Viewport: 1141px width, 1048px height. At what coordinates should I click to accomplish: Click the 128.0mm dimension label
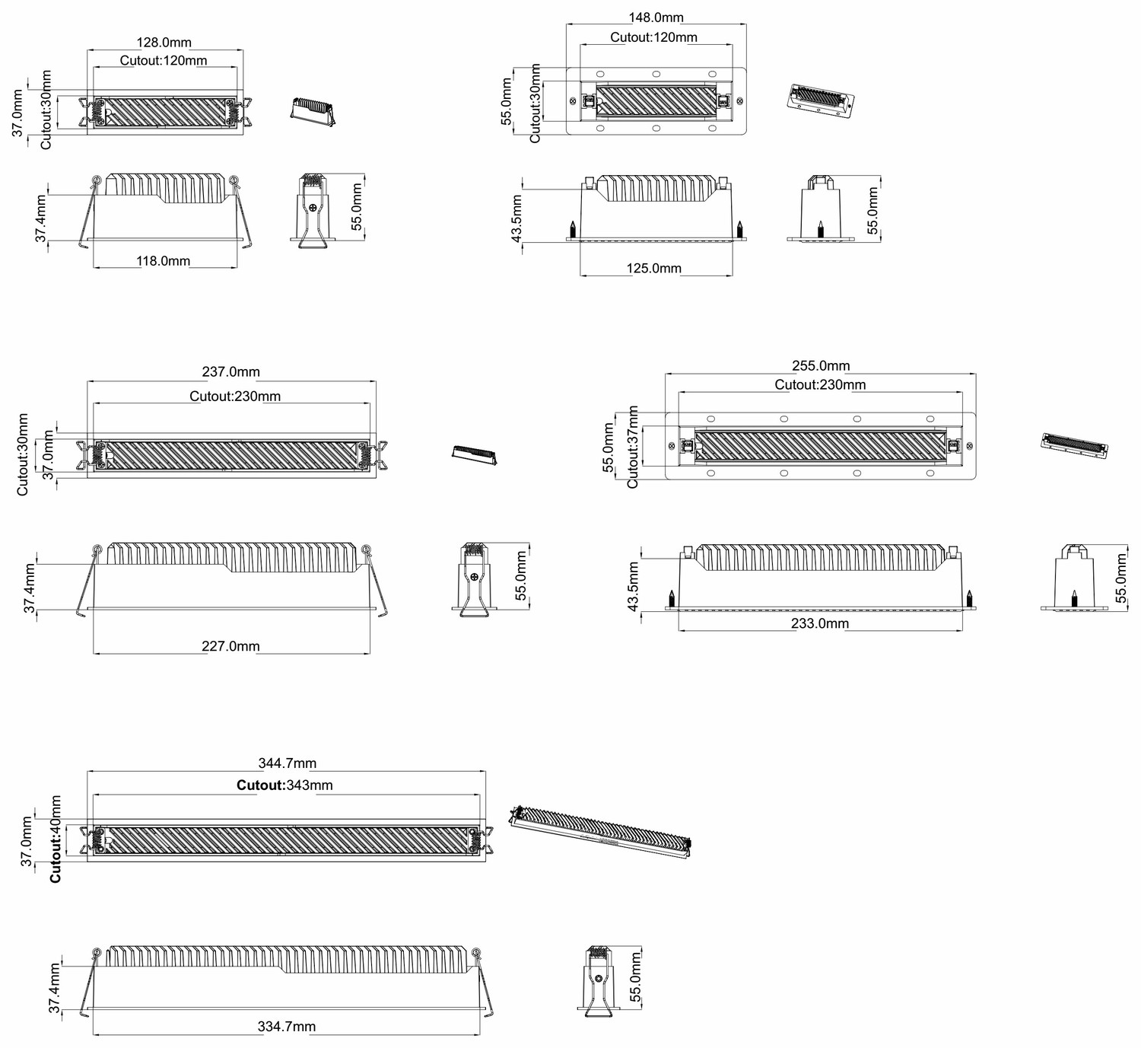click(164, 43)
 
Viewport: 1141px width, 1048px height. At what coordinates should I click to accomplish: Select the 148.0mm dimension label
click(656, 18)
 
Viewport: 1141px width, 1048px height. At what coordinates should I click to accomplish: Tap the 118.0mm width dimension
click(164, 261)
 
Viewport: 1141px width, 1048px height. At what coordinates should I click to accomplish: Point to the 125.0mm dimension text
click(654, 269)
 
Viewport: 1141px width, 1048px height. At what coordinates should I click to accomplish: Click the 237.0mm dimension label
click(231, 372)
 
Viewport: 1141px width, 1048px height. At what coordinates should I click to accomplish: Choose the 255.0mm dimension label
click(821, 366)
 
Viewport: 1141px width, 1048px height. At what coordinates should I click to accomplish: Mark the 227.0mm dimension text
click(230, 647)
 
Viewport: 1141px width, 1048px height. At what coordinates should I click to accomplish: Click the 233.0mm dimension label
click(820, 624)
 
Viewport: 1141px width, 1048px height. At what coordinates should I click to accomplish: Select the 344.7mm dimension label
click(288, 763)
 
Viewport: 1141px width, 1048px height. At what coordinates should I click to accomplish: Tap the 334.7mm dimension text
click(287, 1027)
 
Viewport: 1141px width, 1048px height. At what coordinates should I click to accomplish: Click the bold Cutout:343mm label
click(285, 785)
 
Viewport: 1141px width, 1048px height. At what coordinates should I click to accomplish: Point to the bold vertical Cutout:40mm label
click(56, 839)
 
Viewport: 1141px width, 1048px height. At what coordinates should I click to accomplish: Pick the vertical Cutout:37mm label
click(633, 447)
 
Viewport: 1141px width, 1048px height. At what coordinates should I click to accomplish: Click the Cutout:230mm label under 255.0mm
click(820, 385)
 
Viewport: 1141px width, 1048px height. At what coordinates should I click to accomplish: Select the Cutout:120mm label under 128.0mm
click(164, 61)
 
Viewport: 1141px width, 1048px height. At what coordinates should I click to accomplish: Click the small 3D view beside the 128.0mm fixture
click(313, 111)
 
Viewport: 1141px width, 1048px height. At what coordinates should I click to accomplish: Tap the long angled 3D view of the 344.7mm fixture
click(601, 833)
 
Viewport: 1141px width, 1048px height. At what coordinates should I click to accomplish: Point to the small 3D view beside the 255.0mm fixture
click(1075, 446)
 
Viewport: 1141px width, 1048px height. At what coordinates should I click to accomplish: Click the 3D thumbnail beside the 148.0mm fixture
click(820, 101)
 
